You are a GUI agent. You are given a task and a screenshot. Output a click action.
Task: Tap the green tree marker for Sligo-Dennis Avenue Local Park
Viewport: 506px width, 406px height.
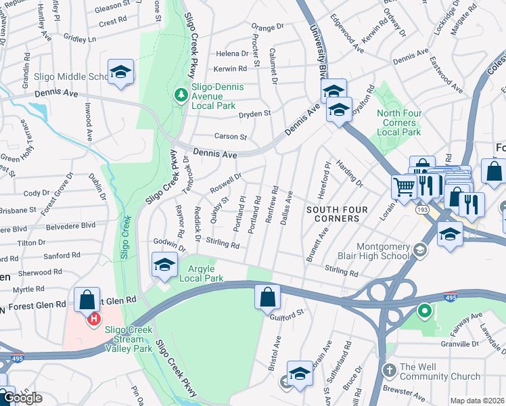(181, 93)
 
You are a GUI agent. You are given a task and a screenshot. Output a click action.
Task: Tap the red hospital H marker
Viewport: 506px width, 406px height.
(95, 318)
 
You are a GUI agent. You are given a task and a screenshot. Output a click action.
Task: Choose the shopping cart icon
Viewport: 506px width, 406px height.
(405, 186)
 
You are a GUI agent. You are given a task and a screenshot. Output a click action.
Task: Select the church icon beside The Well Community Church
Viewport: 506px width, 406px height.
(389, 371)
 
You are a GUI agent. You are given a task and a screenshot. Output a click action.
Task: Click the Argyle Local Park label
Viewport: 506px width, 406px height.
(201, 273)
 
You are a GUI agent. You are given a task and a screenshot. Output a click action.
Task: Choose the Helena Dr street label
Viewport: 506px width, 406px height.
(232, 53)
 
